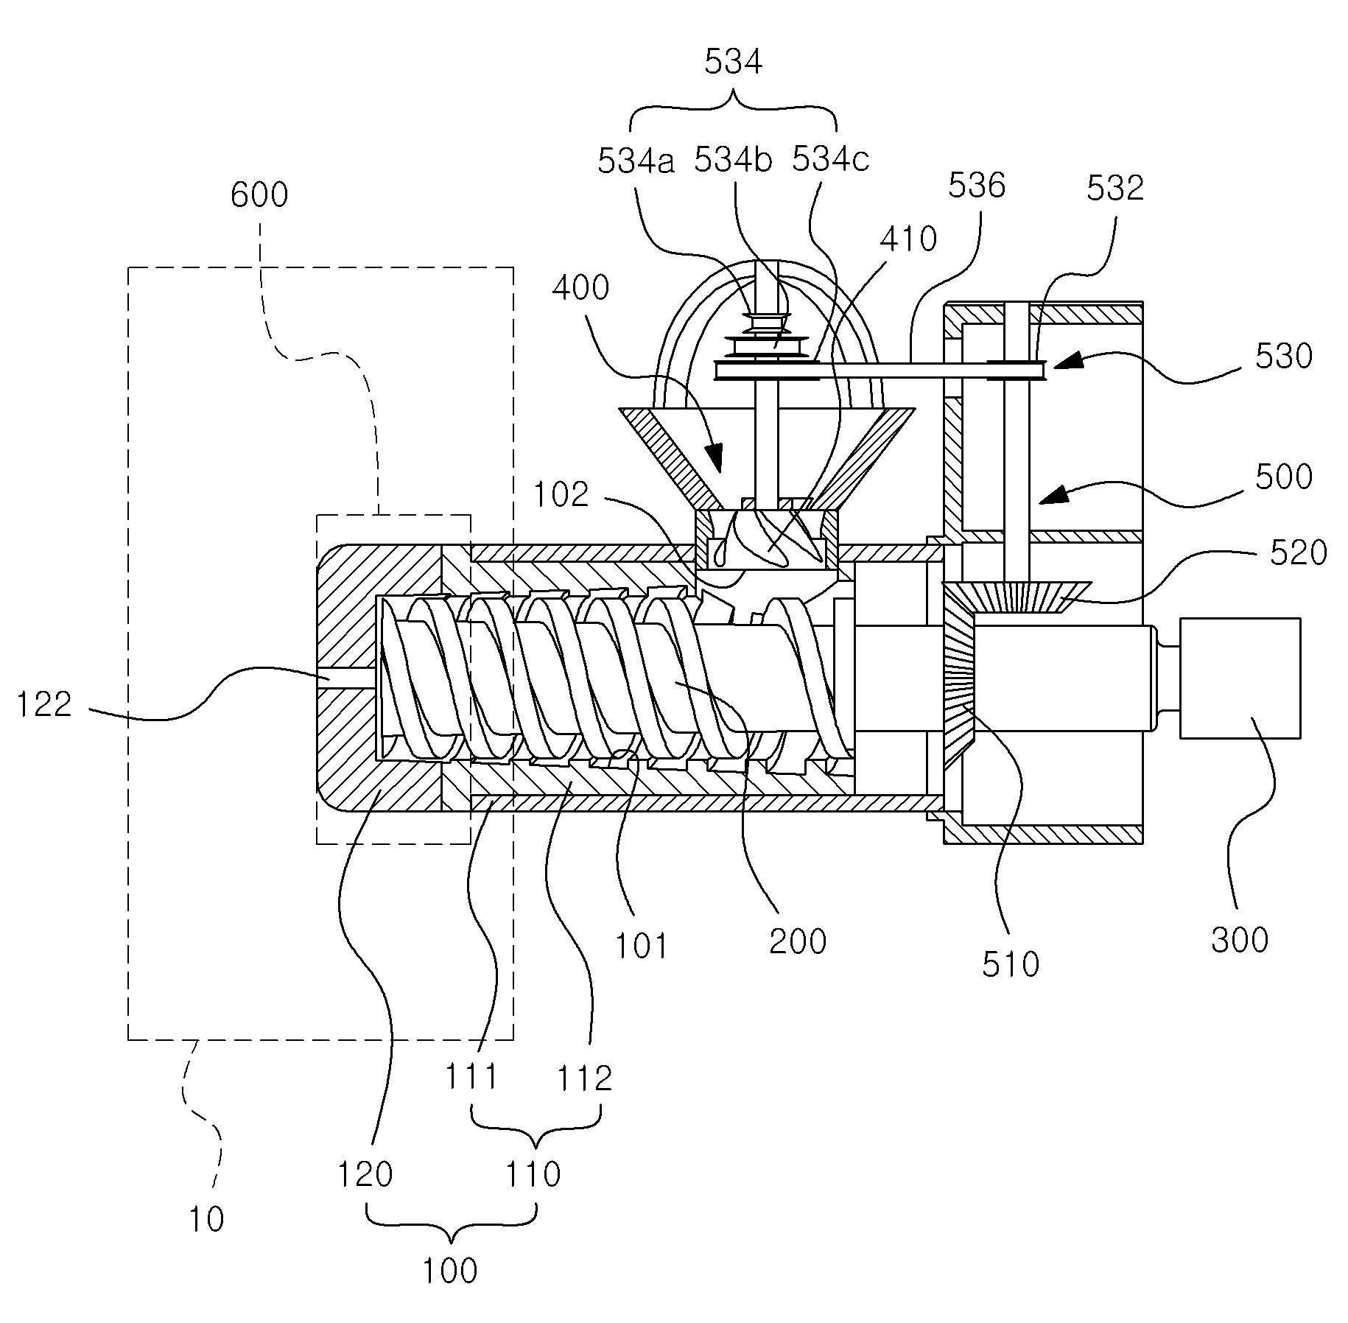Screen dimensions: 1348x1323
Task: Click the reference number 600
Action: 259,195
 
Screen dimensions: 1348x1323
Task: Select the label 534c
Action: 830,160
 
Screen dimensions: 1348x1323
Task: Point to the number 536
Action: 976,186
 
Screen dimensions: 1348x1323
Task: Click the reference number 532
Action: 1115,189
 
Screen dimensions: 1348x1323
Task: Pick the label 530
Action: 1283,357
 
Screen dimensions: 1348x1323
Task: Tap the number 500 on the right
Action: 1283,477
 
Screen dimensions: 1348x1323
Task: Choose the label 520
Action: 1298,552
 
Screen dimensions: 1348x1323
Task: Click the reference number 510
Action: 1010,964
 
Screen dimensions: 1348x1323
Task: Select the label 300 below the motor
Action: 1240,940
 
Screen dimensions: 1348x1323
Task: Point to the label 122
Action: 44,705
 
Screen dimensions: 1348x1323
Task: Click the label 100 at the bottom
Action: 449,1271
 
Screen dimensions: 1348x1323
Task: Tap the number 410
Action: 908,239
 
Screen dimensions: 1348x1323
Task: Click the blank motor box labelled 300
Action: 1240,678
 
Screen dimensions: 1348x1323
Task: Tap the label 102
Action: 561,495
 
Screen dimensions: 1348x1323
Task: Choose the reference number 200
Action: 798,941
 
